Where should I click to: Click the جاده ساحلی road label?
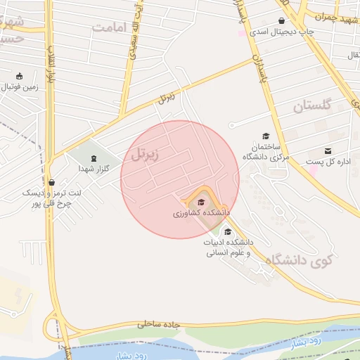coord(159,324)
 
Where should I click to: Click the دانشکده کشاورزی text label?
coord(201,212)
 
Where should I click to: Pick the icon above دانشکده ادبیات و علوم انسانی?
coord(227,231)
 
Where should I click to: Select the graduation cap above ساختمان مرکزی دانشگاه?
coord(266,136)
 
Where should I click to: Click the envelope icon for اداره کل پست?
coord(328,151)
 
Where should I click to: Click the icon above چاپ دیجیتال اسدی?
coord(282,20)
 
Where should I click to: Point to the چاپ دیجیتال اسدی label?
coord(282,32)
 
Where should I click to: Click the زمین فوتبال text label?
coord(19,88)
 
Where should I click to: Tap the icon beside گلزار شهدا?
coord(96,157)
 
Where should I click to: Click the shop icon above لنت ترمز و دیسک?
coord(51,181)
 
